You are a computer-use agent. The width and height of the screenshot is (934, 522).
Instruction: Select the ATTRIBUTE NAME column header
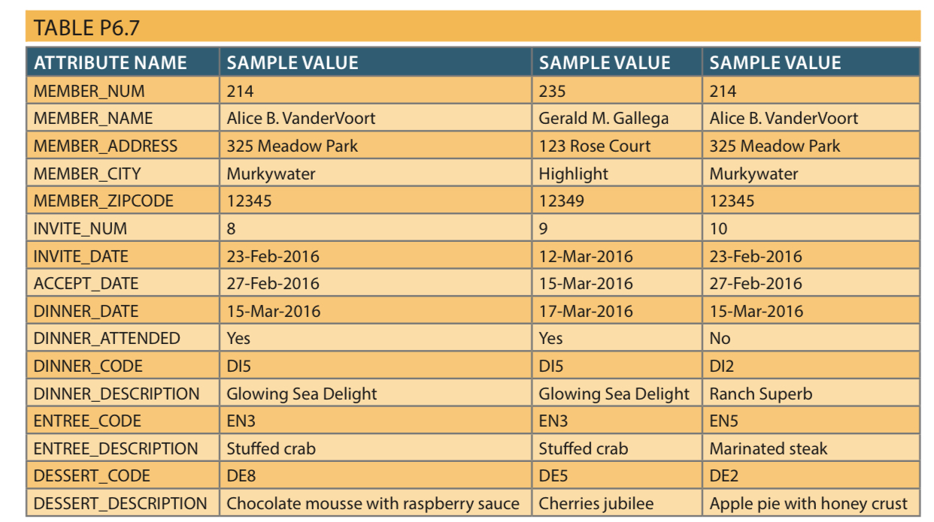(x=110, y=62)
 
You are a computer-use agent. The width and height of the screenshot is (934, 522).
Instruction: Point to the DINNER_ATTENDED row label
(x=107, y=338)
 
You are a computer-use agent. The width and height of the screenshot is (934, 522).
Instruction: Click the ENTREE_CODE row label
(x=87, y=421)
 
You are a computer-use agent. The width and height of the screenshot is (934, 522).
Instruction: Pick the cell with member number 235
(x=552, y=91)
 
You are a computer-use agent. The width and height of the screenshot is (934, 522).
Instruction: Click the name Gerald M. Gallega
(x=603, y=118)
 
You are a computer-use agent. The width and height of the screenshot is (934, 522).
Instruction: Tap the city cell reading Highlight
(x=573, y=173)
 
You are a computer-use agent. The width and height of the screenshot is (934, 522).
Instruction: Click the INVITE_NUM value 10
(x=718, y=228)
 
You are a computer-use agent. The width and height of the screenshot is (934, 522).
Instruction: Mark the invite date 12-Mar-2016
(x=586, y=256)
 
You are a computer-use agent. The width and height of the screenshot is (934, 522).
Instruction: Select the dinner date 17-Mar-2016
(x=586, y=311)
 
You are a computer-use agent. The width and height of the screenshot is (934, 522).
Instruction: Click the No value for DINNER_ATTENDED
(x=720, y=338)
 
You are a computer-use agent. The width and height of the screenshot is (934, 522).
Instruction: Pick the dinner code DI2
(x=722, y=366)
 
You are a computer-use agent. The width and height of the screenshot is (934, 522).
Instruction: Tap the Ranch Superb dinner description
(x=760, y=394)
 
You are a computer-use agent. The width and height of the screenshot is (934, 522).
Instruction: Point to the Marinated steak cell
(x=768, y=448)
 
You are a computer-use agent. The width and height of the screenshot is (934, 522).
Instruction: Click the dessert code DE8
(x=241, y=475)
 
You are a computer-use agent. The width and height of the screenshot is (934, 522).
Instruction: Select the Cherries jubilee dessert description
(x=596, y=503)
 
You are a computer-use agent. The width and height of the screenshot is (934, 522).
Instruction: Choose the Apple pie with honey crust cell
(x=808, y=503)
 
